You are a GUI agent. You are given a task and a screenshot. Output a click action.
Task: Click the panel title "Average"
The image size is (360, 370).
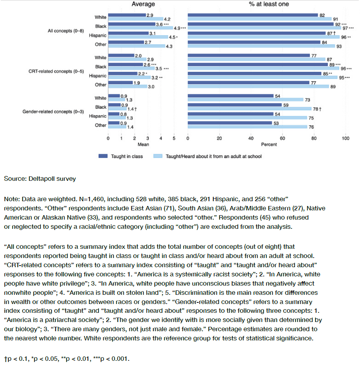coord(143,4)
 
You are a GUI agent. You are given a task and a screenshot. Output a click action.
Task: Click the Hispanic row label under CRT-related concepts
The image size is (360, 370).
coord(98,76)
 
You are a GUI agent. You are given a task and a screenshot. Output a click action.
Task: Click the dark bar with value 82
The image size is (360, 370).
coord(253,15)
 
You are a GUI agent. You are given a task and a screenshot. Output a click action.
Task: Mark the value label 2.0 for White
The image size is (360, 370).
coord(138,56)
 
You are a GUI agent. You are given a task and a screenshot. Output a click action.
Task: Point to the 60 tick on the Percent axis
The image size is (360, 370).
coord(282,138)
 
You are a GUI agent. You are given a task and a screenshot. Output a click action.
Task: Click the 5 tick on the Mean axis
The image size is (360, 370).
coord(174,138)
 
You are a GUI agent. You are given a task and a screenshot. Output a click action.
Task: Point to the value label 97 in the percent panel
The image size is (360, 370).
coord(345,28)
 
